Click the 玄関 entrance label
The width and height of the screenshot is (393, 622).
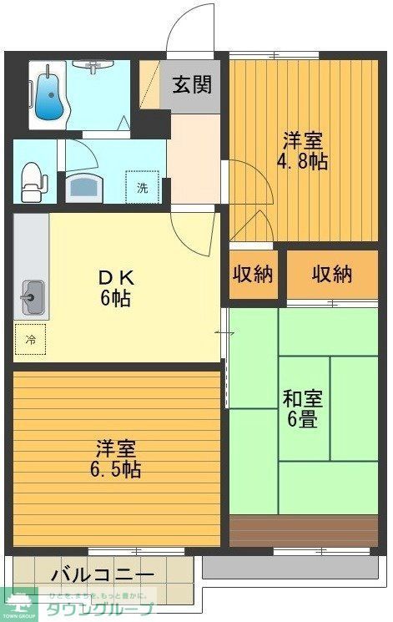[191, 84]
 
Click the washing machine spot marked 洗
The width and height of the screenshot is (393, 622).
[142, 187]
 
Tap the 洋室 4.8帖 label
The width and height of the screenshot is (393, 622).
[303, 151]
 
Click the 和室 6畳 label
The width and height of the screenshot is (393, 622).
[303, 408]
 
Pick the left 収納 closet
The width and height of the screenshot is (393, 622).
[253, 275]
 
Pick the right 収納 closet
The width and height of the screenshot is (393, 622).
[332, 275]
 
